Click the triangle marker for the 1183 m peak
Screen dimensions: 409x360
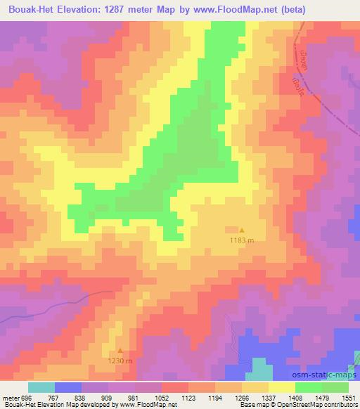coord(243,230)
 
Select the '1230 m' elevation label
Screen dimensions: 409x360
coord(120,361)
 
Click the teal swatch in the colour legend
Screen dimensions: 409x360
coord(41,387)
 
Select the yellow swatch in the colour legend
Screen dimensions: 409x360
coord(282,387)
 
